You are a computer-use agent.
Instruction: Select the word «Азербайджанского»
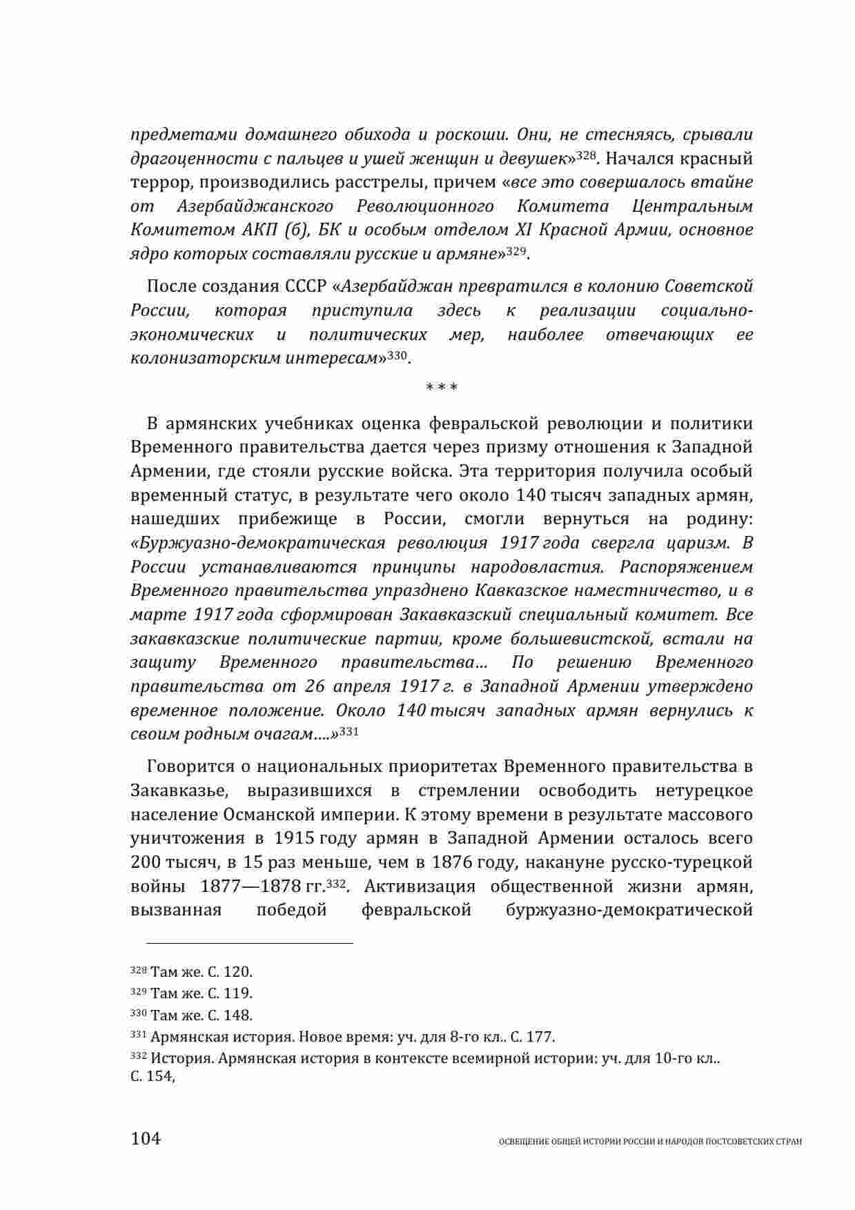click(255, 206)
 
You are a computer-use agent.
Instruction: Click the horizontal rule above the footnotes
click(242, 942)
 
